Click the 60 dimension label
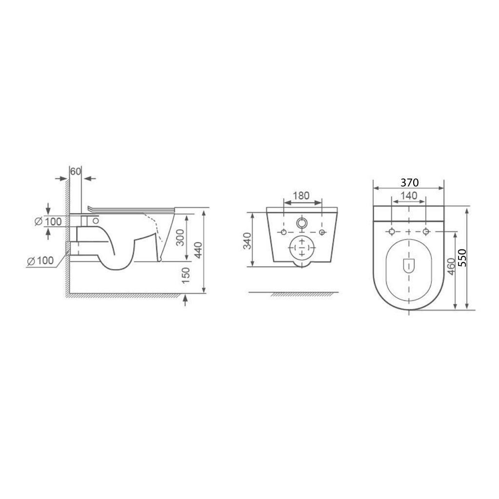click(76, 172)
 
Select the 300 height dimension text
click(180, 237)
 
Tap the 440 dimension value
click(198, 250)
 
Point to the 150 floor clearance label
click(186, 276)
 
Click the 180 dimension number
click(301, 195)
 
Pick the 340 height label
click(247, 241)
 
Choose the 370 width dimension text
click(409, 183)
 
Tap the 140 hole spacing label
click(409, 195)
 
